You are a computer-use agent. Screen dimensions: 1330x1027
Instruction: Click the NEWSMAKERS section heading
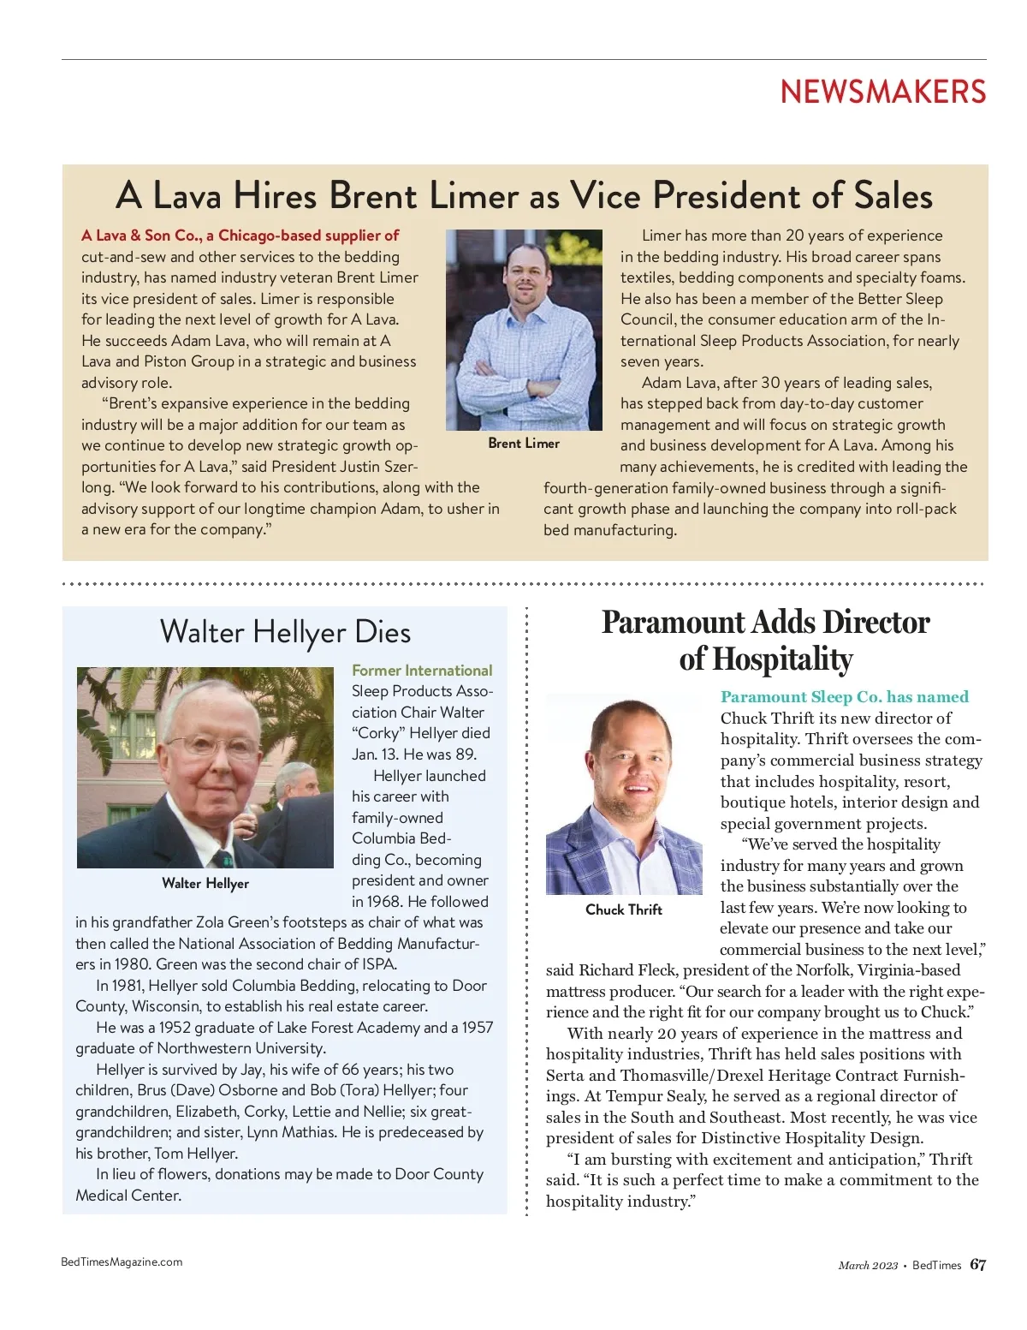(x=882, y=92)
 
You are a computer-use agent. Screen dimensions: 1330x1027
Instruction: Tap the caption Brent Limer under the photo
(x=524, y=443)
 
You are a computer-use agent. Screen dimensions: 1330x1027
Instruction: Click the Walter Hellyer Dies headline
(x=285, y=632)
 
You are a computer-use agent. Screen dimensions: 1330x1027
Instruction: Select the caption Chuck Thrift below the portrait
(x=624, y=910)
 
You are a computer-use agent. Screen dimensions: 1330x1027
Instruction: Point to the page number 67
(x=977, y=1265)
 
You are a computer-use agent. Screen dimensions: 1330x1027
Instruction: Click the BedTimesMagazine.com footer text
(x=122, y=1261)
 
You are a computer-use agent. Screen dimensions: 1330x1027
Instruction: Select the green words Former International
(x=422, y=671)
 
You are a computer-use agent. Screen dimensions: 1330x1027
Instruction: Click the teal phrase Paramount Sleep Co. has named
(x=844, y=697)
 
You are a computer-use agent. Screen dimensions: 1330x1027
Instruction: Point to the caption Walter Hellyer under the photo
(x=205, y=883)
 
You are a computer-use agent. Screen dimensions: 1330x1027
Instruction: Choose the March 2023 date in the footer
(x=868, y=1266)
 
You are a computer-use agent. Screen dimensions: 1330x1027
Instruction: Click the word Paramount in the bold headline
(x=662, y=623)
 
